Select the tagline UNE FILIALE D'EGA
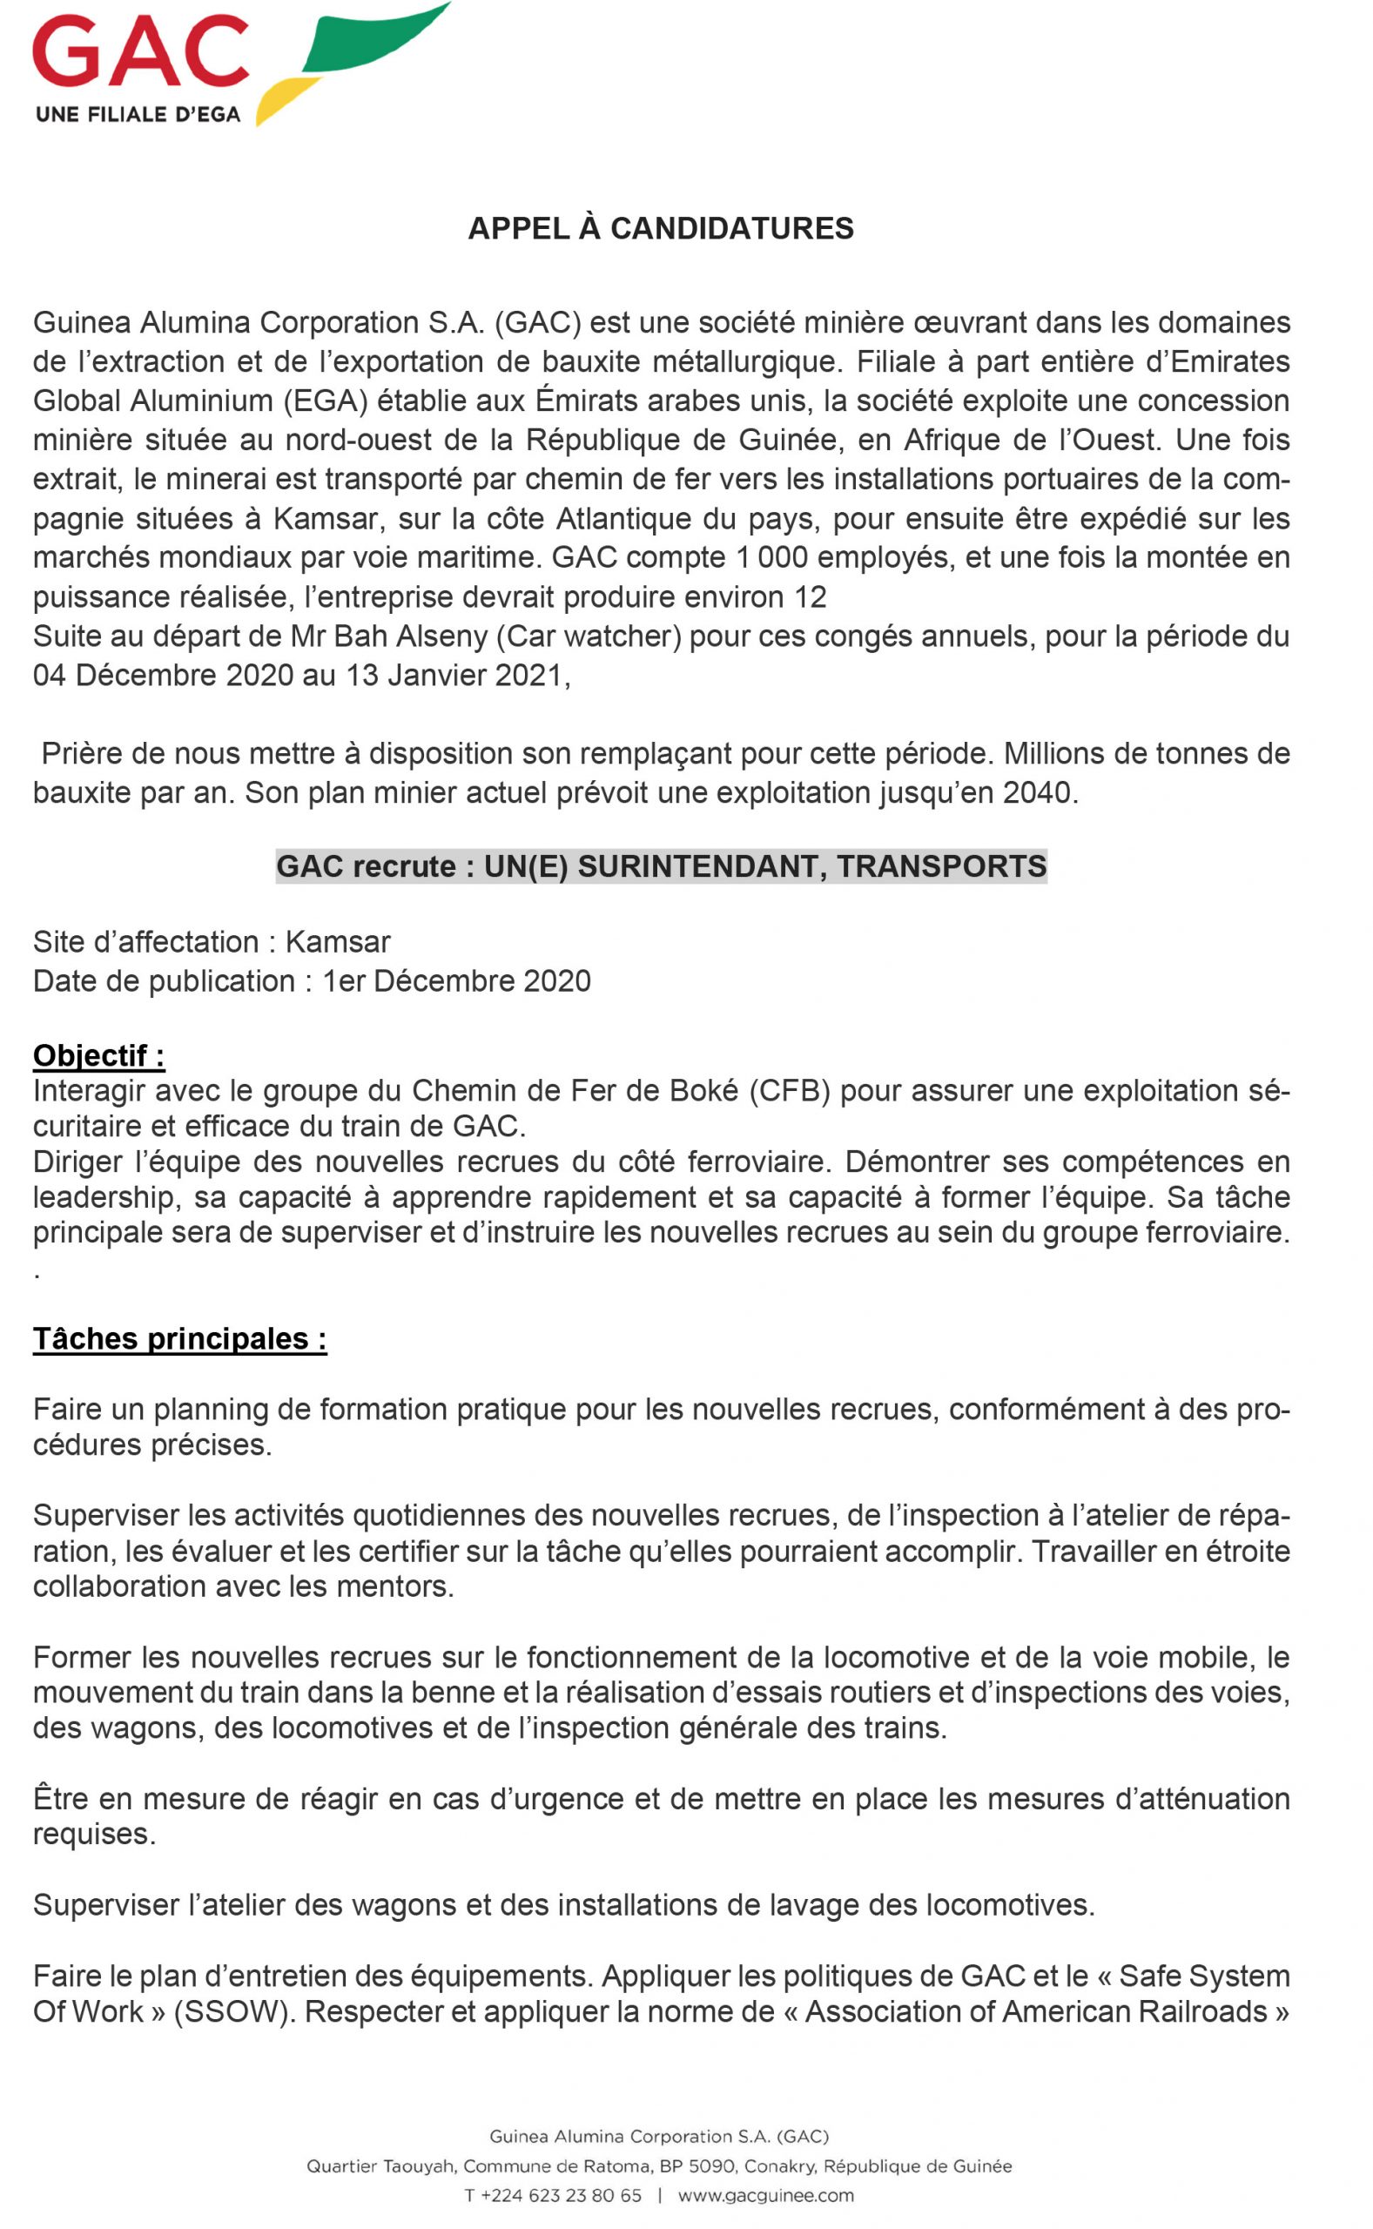(138, 114)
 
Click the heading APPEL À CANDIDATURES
(660, 228)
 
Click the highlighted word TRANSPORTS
(942, 866)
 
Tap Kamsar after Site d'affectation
(338, 941)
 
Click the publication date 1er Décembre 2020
(457, 980)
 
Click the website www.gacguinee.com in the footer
(765, 2195)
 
